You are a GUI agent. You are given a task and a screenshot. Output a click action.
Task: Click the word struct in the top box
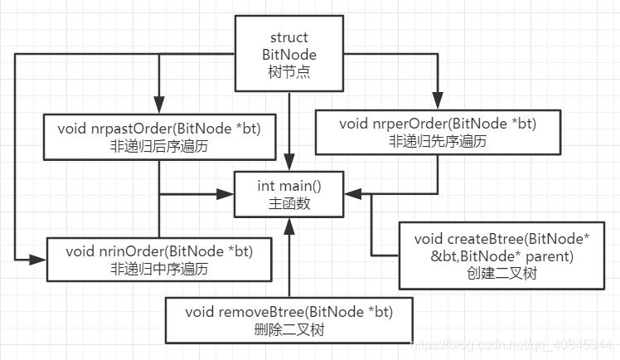[x=288, y=38]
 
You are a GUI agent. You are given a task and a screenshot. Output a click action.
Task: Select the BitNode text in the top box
[x=288, y=54]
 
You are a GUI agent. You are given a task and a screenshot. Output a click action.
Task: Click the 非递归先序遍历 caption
[x=438, y=142]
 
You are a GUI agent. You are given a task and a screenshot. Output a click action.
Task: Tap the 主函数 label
[x=288, y=203]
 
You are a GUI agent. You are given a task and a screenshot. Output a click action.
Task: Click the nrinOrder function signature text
[x=158, y=251]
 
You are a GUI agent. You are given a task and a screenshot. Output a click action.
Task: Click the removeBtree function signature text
[x=288, y=312]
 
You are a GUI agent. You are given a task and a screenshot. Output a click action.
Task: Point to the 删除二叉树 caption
[x=288, y=328]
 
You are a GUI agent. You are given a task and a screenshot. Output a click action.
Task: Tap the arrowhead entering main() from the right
[x=351, y=195]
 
